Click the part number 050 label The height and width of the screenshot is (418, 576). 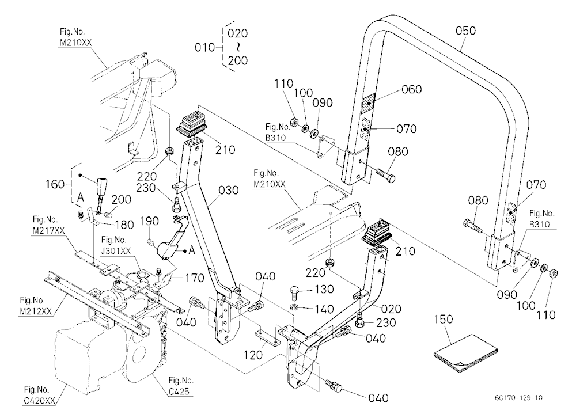coord(465,31)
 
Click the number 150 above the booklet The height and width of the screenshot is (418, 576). coord(444,320)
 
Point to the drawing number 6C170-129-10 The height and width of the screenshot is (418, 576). coord(518,397)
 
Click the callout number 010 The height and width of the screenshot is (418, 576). coord(204,47)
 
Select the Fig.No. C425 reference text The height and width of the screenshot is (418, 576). coord(180,386)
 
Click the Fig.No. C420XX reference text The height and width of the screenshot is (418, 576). coord(39,395)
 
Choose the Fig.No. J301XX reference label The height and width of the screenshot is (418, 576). coord(116,245)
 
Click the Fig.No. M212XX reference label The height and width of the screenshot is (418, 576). coord(36,306)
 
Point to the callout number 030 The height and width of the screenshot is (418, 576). coord(229,190)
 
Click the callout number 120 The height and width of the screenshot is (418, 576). coord(253,355)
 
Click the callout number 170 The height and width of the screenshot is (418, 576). coord(194,278)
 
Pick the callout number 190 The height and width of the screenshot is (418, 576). coord(149,221)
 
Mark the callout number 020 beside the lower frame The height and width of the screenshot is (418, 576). coord(391,309)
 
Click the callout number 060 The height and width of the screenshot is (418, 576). coord(412,89)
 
